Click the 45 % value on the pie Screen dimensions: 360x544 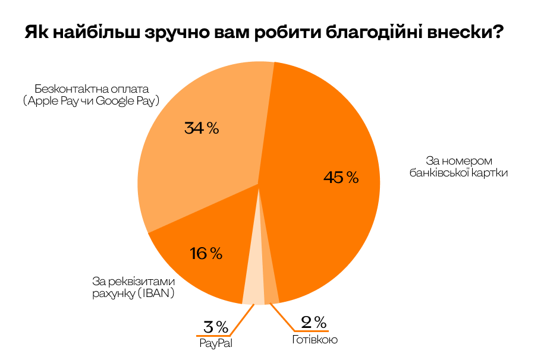pyautogui.click(x=341, y=177)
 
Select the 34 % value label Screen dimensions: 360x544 pyautogui.click(x=202, y=128)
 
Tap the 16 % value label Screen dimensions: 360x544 pyautogui.click(x=206, y=254)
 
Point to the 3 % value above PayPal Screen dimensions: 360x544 pyautogui.click(x=216, y=327)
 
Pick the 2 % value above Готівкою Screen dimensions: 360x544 pyautogui.click(x=313, y=323)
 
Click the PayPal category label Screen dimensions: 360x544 pyautogui.click(x=216, y=344)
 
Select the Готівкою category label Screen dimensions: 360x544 pyautogui.click(x=315, y=340)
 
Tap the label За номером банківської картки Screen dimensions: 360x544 pyautogui.click(x=453, y=167)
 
